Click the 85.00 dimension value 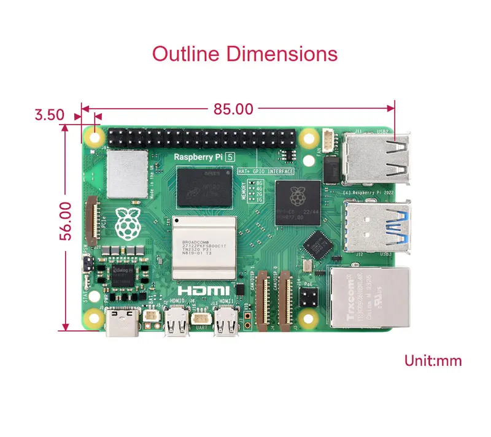[x=233, y=109]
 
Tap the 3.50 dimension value [x=50, y=114]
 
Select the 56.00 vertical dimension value [x=66, y=221]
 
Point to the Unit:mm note [x=433, y=360]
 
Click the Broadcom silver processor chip [x=204, y=246]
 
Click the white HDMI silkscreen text [x=204, y=290]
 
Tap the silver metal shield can [x=126, y=166]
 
